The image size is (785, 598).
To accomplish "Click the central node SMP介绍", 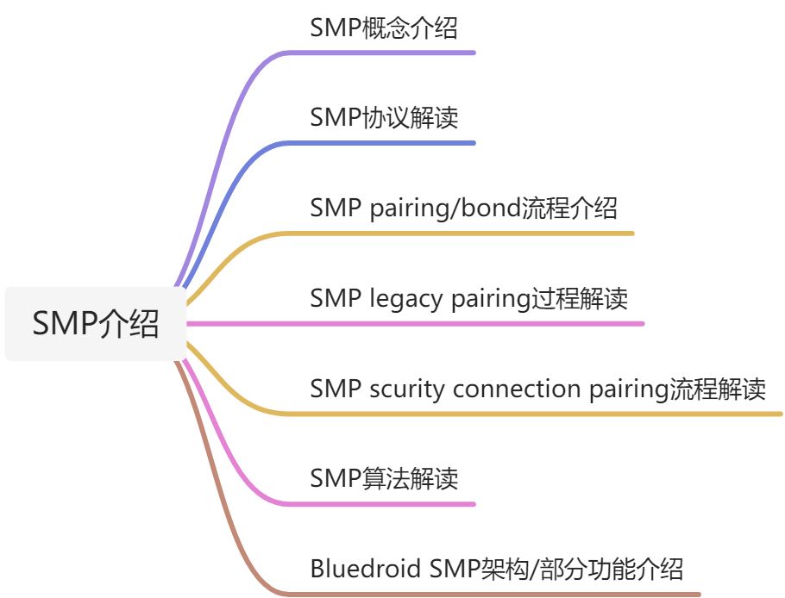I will (x=95, y=324).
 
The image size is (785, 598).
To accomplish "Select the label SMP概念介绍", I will (x=383, y=28).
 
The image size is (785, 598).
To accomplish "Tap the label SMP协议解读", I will (x=383, y=118).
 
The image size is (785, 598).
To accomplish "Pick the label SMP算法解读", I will (x=383, y=479).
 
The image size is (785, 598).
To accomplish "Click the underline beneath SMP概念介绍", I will (x=388, y=53).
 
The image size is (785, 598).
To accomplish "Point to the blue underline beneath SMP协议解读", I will (x=388, y=142).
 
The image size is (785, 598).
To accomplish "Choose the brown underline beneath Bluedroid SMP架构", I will (x=500, y=594).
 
